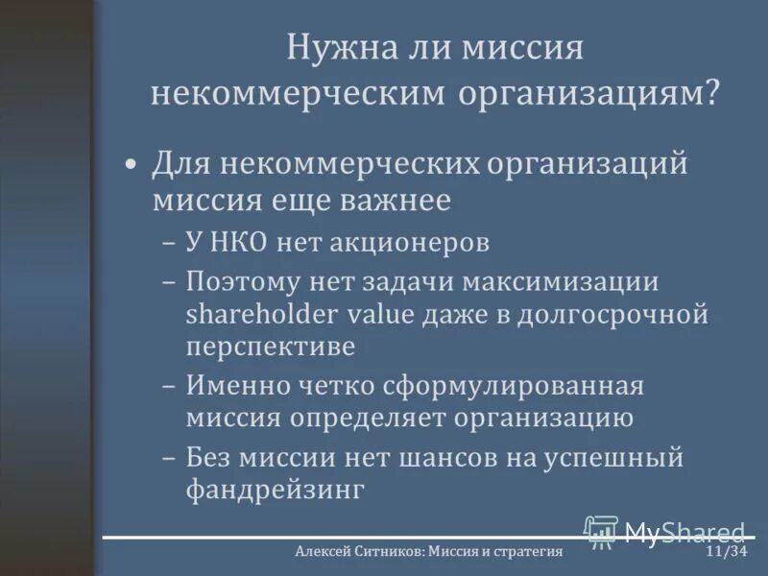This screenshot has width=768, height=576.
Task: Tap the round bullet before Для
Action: click(132, 164)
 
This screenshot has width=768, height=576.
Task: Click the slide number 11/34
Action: click(726, 552)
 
